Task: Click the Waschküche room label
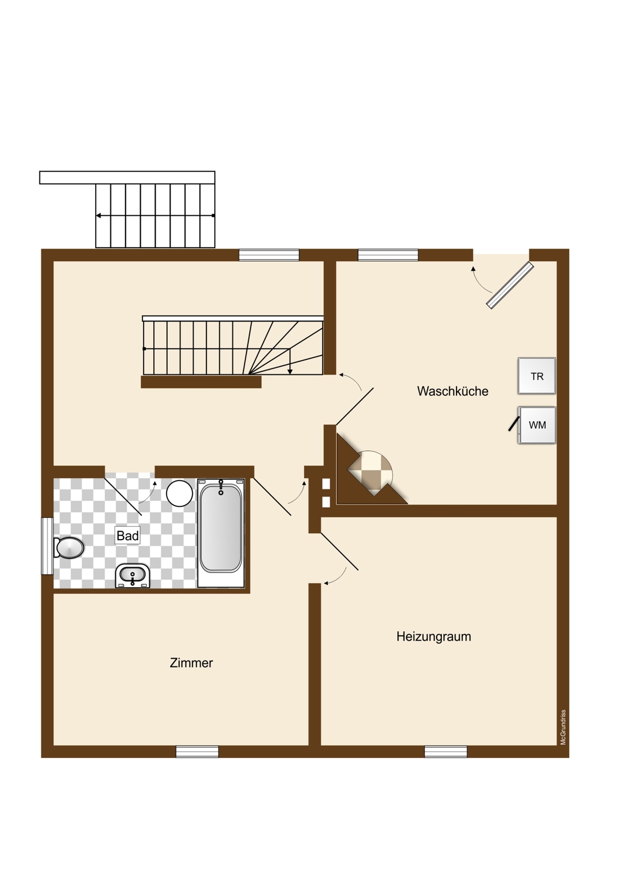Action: click(452, 391)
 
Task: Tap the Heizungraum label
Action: click(434, 637)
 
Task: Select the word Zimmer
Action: click(191, 663)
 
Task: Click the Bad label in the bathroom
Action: click(128, 536)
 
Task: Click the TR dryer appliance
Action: click(537, 376)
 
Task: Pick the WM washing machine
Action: click(537, 425)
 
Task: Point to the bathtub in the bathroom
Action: click(221, 533)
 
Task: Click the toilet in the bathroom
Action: click(69, 547)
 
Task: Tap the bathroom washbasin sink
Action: click(133, 576)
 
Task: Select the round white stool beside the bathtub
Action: click(179, 493)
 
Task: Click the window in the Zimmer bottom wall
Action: click(197, 752)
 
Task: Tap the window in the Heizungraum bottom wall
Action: click(446, 752)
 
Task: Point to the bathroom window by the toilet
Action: click(47, 546)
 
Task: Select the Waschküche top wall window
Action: click(388, 255)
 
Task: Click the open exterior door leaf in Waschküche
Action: click(510, 285)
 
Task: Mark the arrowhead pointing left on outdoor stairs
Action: click(98, 215)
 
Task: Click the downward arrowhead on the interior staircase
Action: click(290, 371)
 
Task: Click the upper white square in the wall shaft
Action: click(326, 485)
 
